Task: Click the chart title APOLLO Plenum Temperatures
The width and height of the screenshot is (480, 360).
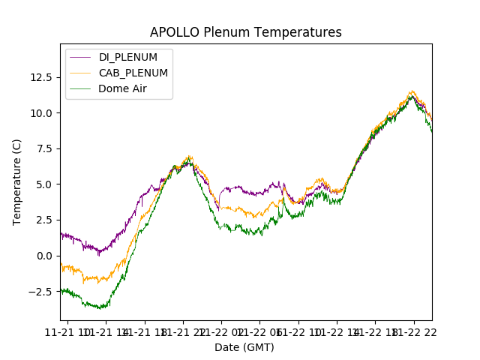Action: click(x=245, y=32)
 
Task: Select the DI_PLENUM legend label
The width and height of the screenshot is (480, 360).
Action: click(x=128, y=57)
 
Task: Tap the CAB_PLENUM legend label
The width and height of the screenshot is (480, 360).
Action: click(x=133, y=73)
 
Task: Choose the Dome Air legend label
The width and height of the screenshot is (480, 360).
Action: click(x=123, y=88)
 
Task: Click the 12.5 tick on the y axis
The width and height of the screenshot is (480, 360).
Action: click(x=40, y=77)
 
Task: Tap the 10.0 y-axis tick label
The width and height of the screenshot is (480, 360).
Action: click(x=40, y=113)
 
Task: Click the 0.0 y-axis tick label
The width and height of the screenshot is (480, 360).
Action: click(x=43, y=256)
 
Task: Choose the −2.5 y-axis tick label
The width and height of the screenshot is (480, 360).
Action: click(x=40, y=291)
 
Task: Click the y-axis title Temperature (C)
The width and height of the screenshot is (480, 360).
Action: click(x=17, y=181)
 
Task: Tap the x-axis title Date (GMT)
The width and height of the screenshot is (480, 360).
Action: click(x=244, y=347)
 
